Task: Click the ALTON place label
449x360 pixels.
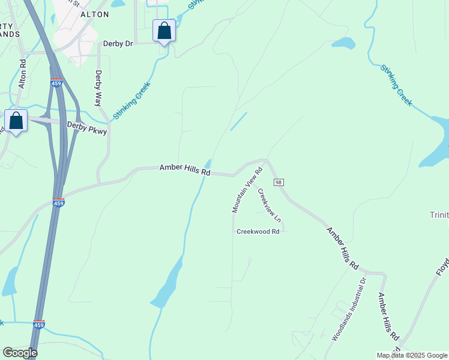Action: (95, 14)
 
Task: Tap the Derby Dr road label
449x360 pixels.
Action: (117, 43)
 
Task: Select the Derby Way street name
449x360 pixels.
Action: (99, 89)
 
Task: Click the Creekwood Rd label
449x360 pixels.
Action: (258, 232)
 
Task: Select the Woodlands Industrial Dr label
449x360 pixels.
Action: (349, 309)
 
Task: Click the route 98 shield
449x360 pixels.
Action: (278, 182)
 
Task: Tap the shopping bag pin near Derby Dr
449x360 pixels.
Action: (164, 31)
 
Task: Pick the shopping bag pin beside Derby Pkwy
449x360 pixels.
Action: (16, 121)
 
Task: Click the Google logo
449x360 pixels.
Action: (20, 353)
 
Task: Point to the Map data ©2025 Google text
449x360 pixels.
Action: (411, 355)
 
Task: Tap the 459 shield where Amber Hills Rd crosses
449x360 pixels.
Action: (58, 202)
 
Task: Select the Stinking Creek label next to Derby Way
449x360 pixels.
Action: (131, 100)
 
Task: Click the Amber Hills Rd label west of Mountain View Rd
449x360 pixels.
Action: (185, 170)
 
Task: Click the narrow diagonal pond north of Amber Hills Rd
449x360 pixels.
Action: (238, 121)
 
